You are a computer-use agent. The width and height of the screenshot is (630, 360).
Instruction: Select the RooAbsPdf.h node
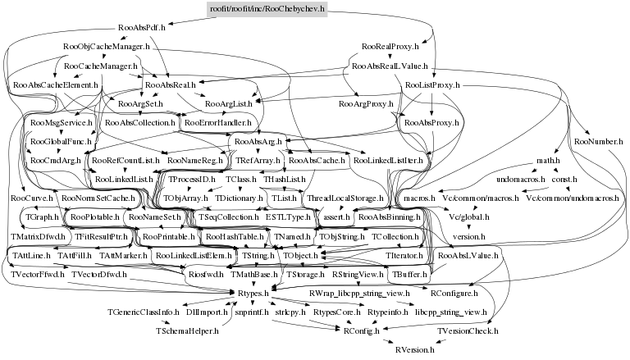[x=141, y=28]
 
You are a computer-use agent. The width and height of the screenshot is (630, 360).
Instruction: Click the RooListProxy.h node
[x=431, y=85]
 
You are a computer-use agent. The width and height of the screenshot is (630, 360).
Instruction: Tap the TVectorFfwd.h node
[x=38, y=275]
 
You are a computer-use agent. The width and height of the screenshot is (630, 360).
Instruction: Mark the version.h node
[x=469, y=236]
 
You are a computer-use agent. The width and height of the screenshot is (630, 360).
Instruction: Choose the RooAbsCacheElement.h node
[x=56, y=85]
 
